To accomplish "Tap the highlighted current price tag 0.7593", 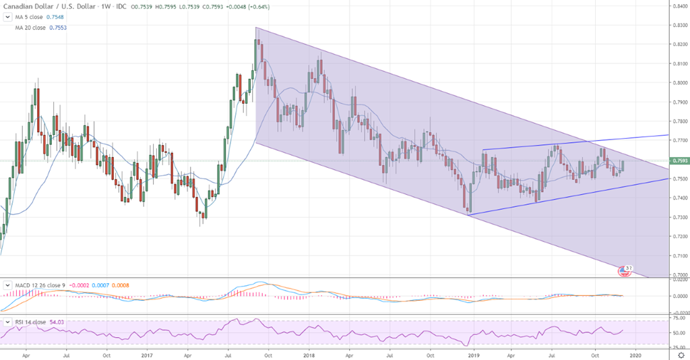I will click(679, 160).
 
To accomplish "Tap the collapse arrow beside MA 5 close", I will click(7, 17).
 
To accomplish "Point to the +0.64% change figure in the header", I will click(265, 6).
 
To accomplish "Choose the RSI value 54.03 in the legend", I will click(57, 322).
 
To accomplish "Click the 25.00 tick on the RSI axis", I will click(677, 345).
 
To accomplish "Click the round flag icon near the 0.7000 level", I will click(625, 270).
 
